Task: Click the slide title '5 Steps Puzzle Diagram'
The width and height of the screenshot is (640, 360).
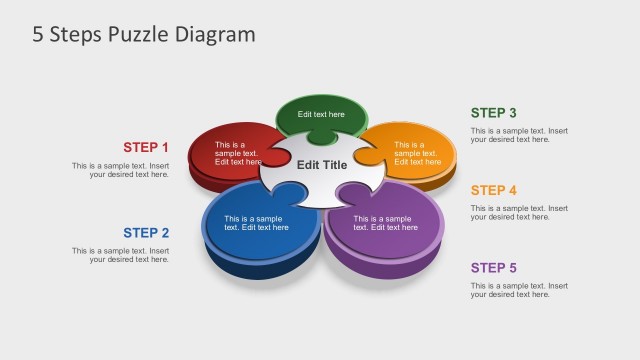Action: [x=144, y=34]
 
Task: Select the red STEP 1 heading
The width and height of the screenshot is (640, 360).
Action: [x=146, y=147]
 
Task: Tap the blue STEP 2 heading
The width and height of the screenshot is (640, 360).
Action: [x=146, y=233]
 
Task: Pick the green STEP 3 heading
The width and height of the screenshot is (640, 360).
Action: [x=494, y=113]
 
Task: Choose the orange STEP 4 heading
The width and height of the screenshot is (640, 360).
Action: [x=494, y=190]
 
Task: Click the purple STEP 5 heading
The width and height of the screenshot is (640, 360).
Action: [x=494, y=267]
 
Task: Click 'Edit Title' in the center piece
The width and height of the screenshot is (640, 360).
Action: [x=322, y=164]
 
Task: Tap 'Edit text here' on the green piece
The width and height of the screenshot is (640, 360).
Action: [x=321, y=114]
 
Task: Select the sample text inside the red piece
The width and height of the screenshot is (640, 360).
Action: [x=238, y=153]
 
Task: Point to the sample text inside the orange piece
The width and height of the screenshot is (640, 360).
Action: [x=416, y=153]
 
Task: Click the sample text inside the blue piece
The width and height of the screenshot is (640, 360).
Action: [x=256, y=223]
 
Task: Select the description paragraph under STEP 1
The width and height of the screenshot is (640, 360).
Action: [x=120, y=170]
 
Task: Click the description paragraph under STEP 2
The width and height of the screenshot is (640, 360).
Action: [x=120, y=255]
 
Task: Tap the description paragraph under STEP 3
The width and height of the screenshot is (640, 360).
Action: [x=519, y=135]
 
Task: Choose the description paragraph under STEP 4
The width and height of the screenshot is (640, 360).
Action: [x=519, y=212]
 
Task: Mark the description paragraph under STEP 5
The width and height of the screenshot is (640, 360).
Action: [x=519, y=290]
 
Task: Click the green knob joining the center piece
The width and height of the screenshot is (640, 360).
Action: [x=321, y=137]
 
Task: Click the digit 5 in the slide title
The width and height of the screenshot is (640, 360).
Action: [x=38, y=34]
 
